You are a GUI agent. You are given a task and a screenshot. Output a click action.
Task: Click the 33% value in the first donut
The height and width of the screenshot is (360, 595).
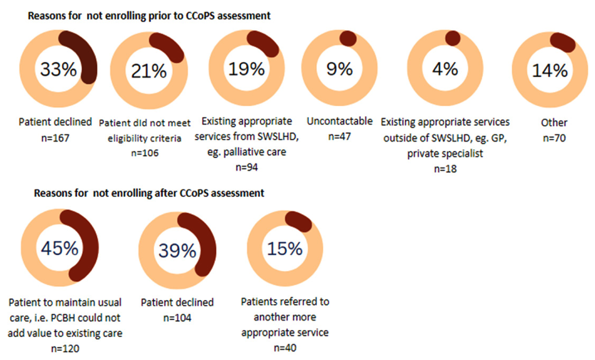tap(58, 70)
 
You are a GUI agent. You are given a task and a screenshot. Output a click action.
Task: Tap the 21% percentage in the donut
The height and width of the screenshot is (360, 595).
tap(149, 71)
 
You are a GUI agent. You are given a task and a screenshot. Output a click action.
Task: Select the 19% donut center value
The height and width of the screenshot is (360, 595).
tap(246, 68)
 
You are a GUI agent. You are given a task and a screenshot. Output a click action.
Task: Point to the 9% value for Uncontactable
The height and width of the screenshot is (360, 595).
tap(339, 68)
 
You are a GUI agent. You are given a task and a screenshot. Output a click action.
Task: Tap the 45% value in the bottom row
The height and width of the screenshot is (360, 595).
tap(59, 248)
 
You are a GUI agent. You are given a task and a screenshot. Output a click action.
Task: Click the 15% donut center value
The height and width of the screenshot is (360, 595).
tap(285, 248)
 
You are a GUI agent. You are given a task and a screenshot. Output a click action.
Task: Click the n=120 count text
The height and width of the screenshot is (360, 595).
tap(64, 349)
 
